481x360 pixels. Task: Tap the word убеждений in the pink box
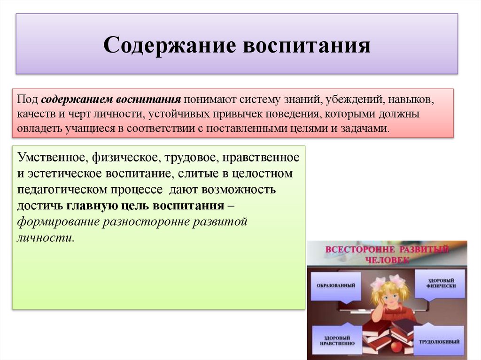point(355,100)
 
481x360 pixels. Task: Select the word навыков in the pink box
point(411,100)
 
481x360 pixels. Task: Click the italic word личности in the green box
point(45,237)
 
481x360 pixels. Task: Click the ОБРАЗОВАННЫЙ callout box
point(336,285)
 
